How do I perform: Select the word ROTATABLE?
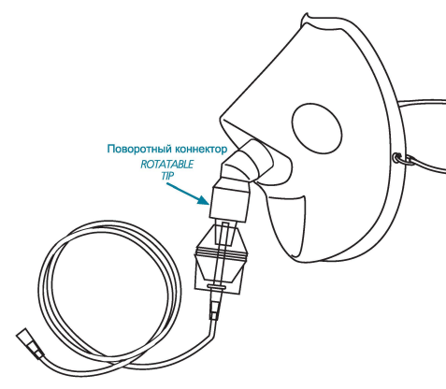pos(166,165)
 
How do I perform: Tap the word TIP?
pos(167,176)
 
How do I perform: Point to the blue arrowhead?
pos(204,199)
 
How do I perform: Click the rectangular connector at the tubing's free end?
pos(30,344)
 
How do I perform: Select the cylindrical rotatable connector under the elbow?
pos(230,203)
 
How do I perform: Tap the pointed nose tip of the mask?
pos(222,119)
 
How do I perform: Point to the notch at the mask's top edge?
pos(306,16)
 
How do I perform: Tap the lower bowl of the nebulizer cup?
pos(219,270)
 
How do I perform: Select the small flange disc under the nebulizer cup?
pos(216,286)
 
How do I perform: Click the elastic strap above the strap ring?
pos(422,104)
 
